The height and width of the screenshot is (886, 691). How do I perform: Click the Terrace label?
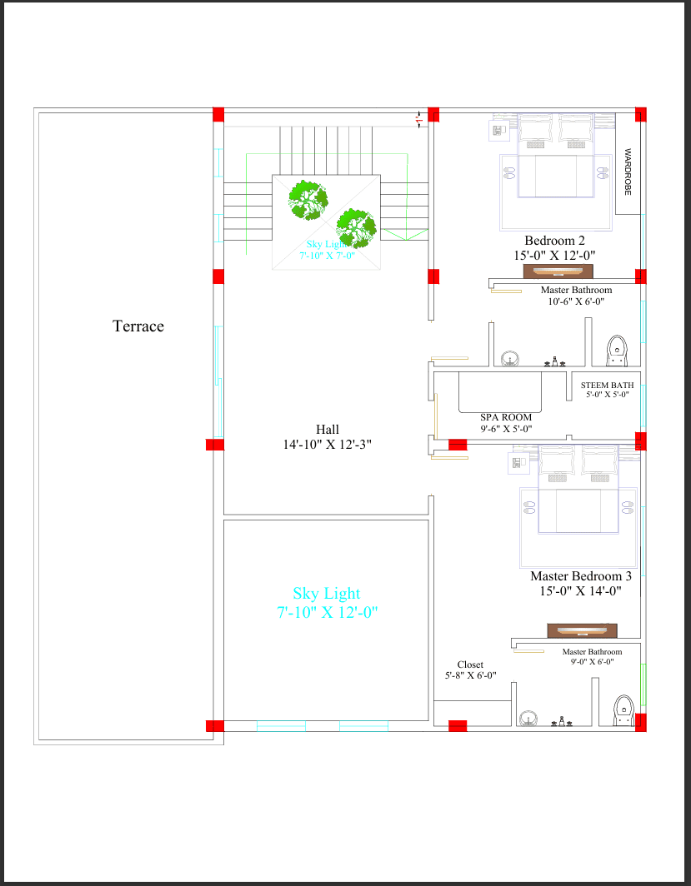point(138,326)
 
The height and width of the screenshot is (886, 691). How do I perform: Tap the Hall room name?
point(327,430)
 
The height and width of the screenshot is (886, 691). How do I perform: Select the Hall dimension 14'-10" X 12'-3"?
point(327,445)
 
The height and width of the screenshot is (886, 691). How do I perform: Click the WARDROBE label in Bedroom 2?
point(628,172)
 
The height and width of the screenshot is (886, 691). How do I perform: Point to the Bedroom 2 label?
point(554,241)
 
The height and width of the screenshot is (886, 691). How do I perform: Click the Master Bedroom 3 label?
point(581,576)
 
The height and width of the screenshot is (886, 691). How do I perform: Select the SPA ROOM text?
point(506,417)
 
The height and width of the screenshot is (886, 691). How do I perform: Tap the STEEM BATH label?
point(607,386)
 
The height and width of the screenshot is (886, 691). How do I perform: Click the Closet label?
point(470,664)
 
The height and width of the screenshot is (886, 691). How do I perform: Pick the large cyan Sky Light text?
point(327,594)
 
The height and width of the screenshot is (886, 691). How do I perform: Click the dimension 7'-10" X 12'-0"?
point(327,612)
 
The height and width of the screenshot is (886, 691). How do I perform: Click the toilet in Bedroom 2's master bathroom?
point(617,351)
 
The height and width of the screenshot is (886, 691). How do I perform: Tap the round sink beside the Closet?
point(528,719)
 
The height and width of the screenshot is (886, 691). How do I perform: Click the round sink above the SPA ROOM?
point(510,359)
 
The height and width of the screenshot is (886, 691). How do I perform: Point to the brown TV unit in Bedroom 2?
point(558,271)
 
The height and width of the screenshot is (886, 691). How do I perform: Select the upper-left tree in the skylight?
point(308,199)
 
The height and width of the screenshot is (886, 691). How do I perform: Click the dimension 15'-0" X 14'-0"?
point(581,591)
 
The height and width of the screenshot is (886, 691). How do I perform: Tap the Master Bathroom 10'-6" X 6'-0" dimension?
point(575,301)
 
